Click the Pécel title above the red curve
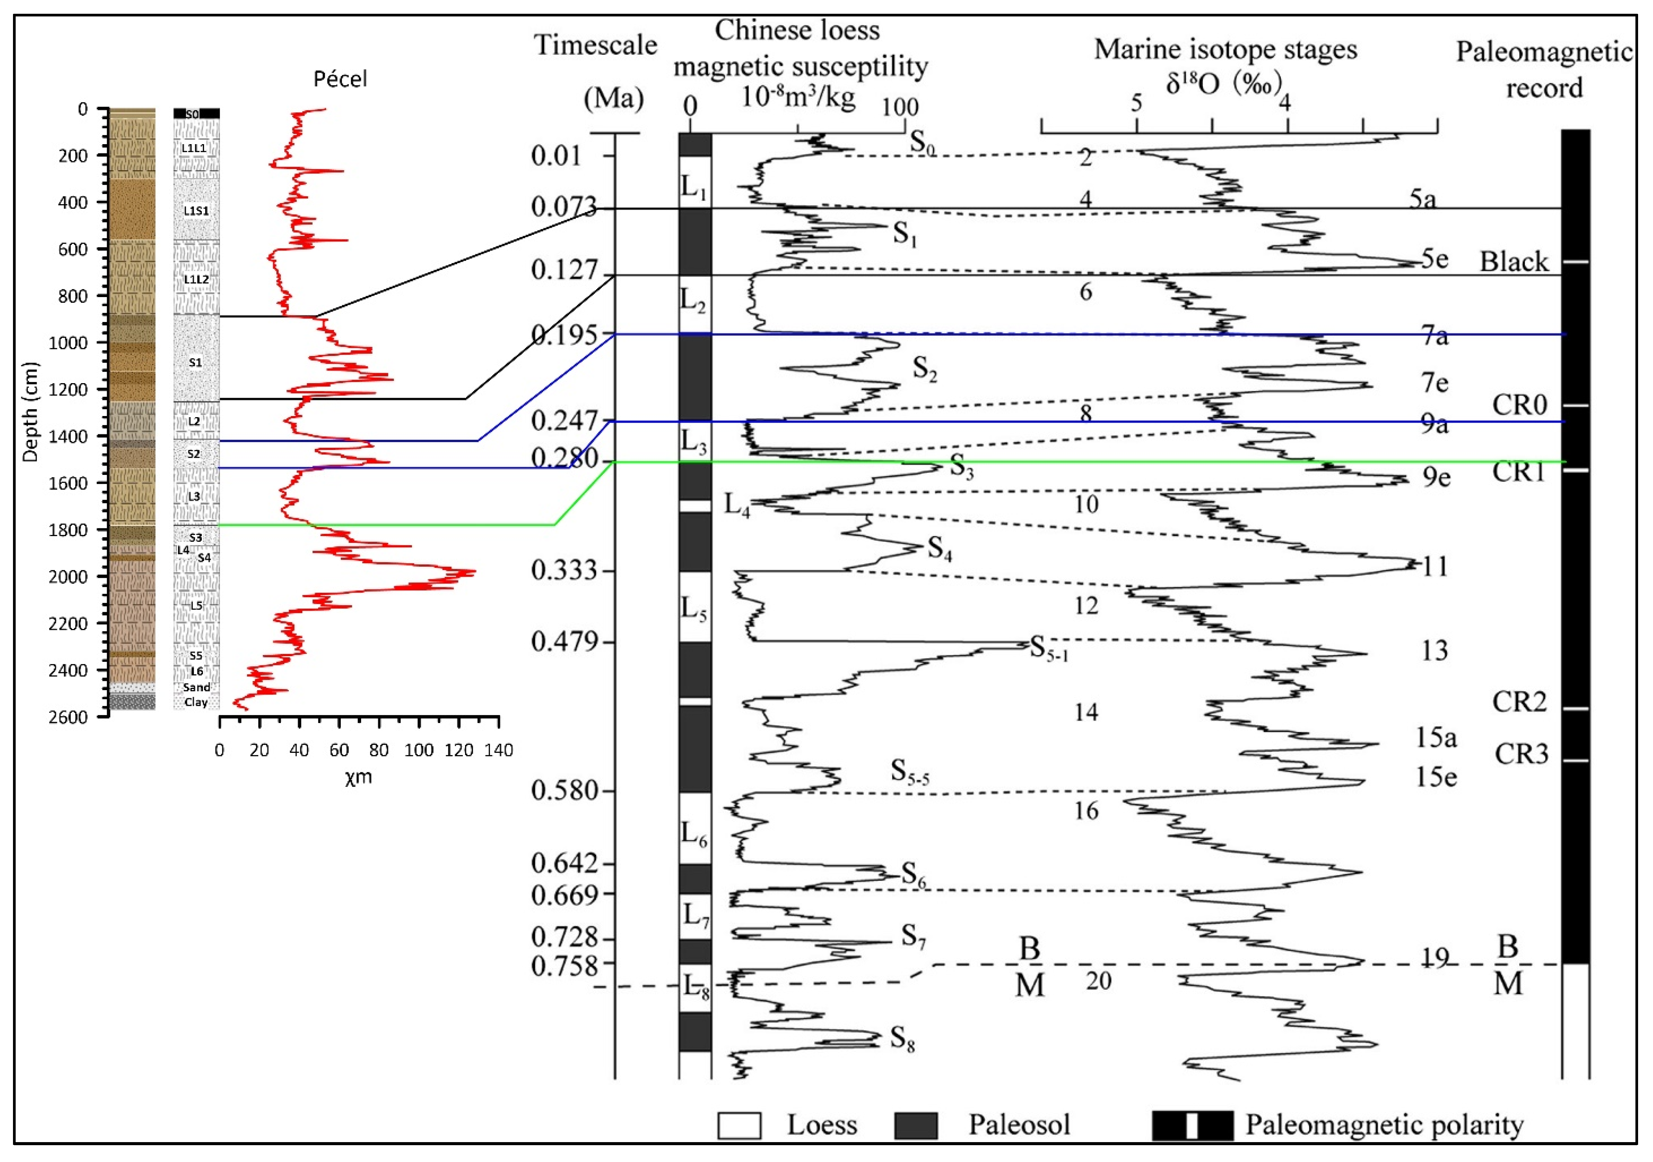340,78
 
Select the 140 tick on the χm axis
498,751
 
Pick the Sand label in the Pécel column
196,687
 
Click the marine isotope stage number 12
1086,606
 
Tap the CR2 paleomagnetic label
1519,701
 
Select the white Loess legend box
739,1125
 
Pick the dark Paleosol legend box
916,1125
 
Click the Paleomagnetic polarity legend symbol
1192,1125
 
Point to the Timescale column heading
595,46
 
